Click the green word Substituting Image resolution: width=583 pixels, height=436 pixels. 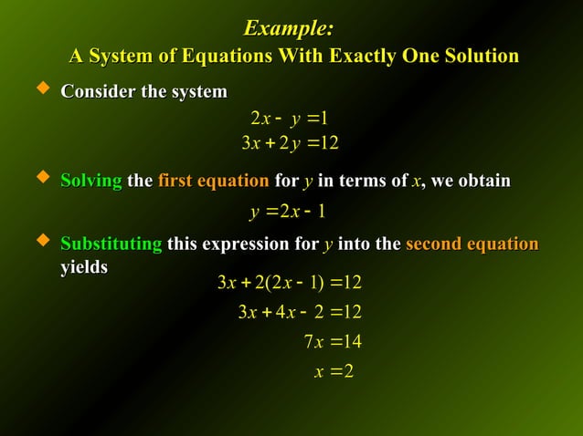pyautogui.click(x=111, y=244)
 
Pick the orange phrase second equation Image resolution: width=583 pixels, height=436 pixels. pyautogui.click(x=472, y=244)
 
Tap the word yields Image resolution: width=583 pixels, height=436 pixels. pyautogui.click(x=83, y=267)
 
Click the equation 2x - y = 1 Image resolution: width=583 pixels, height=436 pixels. pyautogui.click(x=289, y=118)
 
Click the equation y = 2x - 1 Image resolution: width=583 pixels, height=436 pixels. pyautogui.click(x=288, y=213)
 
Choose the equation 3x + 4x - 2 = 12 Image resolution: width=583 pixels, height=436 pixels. pyautogui.click(x=299, y=312)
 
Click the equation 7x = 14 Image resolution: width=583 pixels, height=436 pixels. pyautogui.click(x=333, y=342)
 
